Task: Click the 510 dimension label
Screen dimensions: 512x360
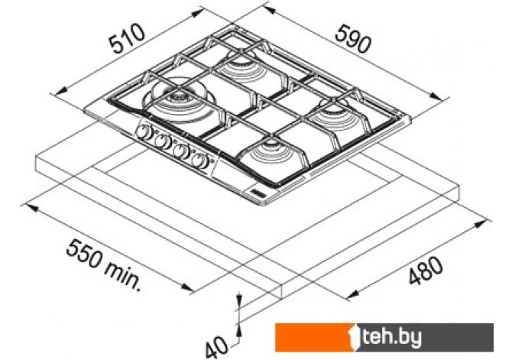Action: click(127, 38)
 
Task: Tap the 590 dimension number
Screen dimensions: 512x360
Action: click(353, 39)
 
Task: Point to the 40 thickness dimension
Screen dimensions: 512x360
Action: click(216, 347)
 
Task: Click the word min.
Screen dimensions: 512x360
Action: click(123, 277)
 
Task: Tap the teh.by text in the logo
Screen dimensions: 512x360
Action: click(392, 337)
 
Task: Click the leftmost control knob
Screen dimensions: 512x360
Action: click(142, 131)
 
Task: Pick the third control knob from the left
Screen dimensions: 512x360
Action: click(180, 151)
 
